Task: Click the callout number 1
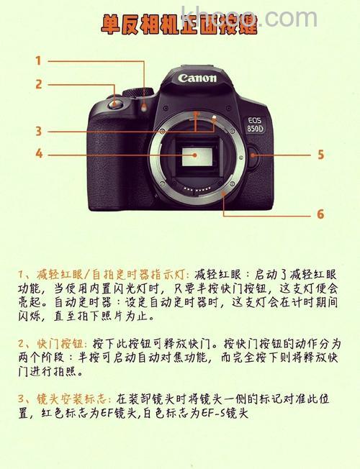(38, 61)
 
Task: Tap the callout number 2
(39, 84)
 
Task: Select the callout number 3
(38, 131)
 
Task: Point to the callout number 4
(39, 153)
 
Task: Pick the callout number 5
(320, 154)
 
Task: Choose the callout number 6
(320, 214)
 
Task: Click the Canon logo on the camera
(197, 78)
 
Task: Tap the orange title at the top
(179, 27)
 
